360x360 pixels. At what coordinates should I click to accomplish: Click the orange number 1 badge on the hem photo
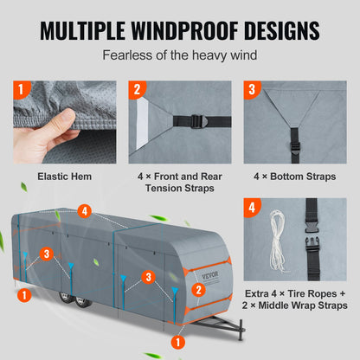tap(23, 90)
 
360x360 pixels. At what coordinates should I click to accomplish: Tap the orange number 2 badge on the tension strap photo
tap(138, 90)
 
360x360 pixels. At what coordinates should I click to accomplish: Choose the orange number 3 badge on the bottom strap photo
tap(252, 90)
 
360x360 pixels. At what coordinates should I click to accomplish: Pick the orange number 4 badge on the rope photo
tap(252, 208)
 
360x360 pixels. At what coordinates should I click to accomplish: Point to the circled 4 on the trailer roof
tap(84, 210)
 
